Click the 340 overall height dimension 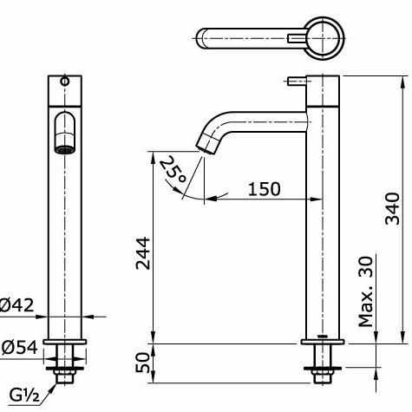391,207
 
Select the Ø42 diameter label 18,304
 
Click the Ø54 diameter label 18,346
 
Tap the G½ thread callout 23,395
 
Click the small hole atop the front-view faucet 64,82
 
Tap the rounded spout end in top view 206,37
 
